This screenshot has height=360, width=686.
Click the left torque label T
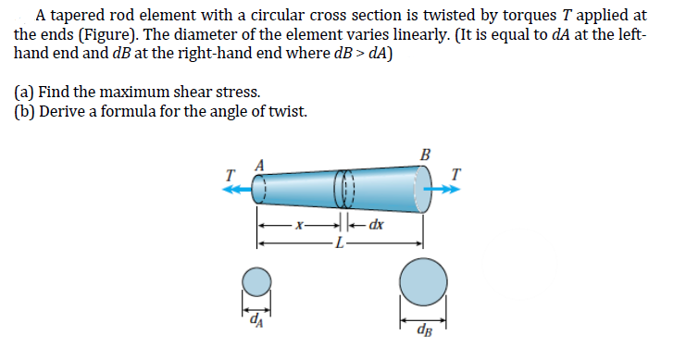tap(229, 173)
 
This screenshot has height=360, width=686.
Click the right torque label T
tap(455, 174)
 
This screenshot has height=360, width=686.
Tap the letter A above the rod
tap(260, 165)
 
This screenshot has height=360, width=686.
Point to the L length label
tap(341, 243)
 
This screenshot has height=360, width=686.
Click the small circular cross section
tap(256, 281)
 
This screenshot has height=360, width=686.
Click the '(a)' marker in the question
tap(25, 93)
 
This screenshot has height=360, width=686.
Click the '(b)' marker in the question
tap(26, 111)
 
